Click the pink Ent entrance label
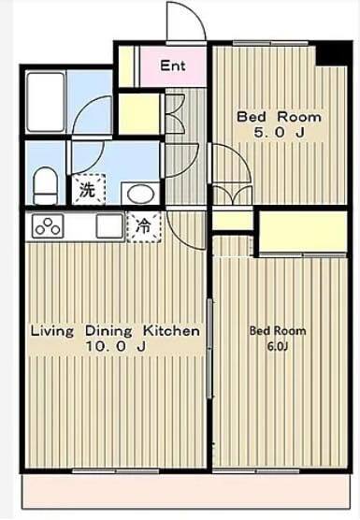[x=172, y=65]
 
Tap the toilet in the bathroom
[x=46, y=185]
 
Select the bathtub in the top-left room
[x=46, y=102]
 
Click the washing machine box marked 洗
[x=89, y=189]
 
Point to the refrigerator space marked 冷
[x=144, y=227]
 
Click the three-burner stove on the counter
[x=48, y=225]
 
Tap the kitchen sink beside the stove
[x=109, y=225]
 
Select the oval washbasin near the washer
[x=140, y=193]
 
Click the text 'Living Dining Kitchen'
[x=115, y=331]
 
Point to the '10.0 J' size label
[x=116, y=346]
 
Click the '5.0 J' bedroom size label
[x=279, y=133]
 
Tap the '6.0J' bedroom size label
[x=277, y=347]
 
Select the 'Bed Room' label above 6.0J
[x=278, y=331]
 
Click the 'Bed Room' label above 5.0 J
[x=279, y=117]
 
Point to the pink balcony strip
[x=186, y=492]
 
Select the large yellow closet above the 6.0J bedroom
[x=303, y=231]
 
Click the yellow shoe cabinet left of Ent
[x=126, y=65]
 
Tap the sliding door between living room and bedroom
[x=209, y=348]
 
